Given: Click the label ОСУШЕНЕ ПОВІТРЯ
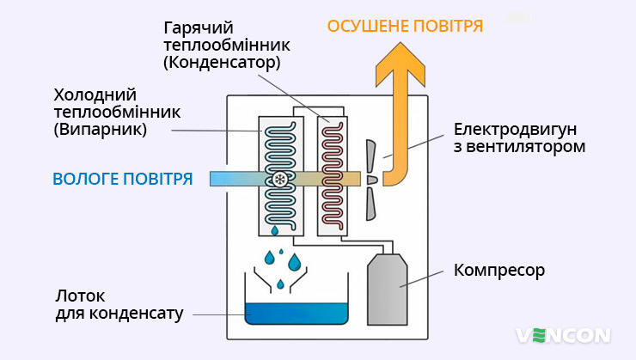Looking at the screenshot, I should tap(404, 26).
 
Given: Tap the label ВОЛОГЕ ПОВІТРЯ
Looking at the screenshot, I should tap(122, 179).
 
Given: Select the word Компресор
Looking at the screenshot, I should tap(499, 271).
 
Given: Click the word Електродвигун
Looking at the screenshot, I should tap(515, 130).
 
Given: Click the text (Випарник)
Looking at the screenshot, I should tap(100, 130).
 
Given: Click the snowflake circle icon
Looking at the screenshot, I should tap(280, 180).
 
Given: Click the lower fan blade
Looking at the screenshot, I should tap(371, 203).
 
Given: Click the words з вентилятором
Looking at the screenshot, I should tap(520, 147).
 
